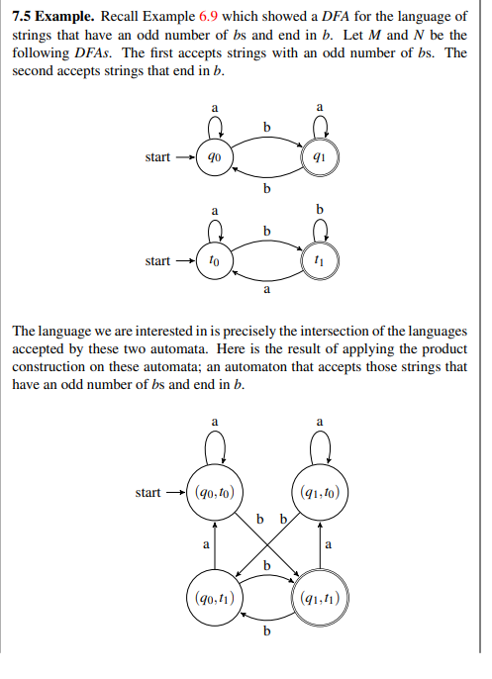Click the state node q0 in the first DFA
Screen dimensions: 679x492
pos(214,157)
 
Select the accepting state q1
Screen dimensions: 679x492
pos(319,157)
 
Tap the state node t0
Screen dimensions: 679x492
pos(214,261)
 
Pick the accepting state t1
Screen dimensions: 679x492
pos(319,261)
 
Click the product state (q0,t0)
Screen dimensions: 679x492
pos(214,492)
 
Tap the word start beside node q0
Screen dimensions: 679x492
pos(157,157)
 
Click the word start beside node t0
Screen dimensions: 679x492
pos(157,261)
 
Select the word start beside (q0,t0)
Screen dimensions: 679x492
pos(148,492)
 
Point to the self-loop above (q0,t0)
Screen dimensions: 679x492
pos(214,450)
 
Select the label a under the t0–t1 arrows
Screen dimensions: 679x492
pos(266,291)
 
